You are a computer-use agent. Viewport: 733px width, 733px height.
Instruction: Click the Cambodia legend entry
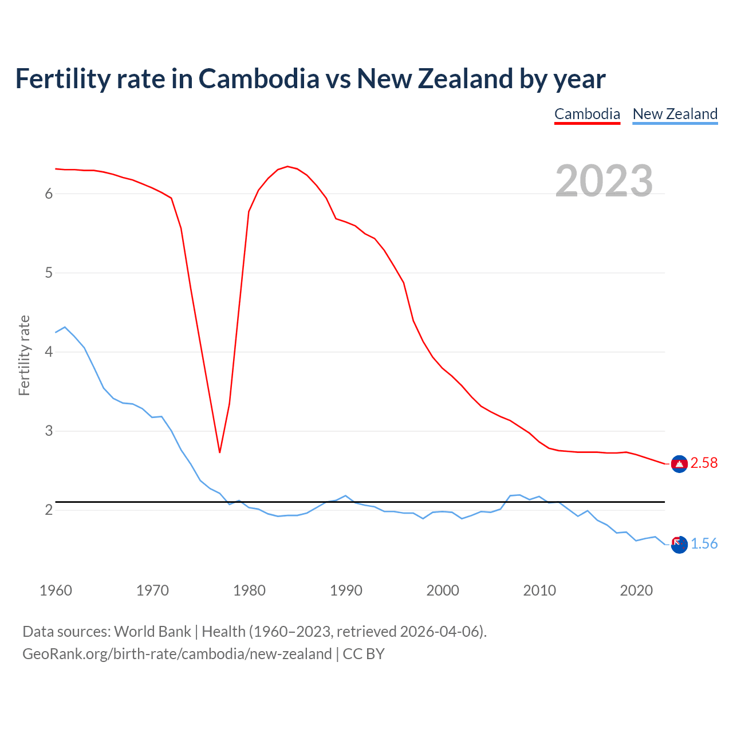coord(587,114)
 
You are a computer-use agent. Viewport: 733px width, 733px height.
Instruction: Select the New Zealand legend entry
coord(675,114)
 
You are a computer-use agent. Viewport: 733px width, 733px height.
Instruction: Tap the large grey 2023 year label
coord(604,181)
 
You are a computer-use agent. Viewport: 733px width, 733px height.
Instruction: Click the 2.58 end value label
coord(704,463)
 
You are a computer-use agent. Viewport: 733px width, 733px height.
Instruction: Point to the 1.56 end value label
coord(704,544)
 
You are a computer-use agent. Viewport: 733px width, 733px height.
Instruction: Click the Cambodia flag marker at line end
coord(679,464)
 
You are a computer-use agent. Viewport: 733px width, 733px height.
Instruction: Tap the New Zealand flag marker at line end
coord(679,545)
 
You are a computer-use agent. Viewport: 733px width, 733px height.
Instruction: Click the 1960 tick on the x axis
coord(56,590)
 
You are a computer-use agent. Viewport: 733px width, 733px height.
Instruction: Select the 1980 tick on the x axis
coord(249,590)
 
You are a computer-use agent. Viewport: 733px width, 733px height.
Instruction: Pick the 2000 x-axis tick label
coord(443,590)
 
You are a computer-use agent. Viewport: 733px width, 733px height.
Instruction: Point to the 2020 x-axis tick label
coord(636,590)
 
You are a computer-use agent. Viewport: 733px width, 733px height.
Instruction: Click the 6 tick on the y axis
coord(49,194)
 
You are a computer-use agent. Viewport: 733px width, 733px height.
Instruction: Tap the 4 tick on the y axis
coord(49,352)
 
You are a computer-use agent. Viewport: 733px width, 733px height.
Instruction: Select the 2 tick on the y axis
coord(49,510)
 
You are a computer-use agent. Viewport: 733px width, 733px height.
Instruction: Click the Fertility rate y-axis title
coord(24,355)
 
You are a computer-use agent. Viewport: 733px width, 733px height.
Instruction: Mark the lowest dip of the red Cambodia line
coord(219,452)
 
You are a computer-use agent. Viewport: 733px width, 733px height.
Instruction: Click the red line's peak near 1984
coord(287,167)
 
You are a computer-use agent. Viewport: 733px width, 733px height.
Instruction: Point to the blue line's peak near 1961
coord(65,327)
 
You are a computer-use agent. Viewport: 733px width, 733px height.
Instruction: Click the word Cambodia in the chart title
coord(258,79)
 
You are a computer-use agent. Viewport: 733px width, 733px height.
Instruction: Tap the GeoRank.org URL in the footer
coord(177,654)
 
